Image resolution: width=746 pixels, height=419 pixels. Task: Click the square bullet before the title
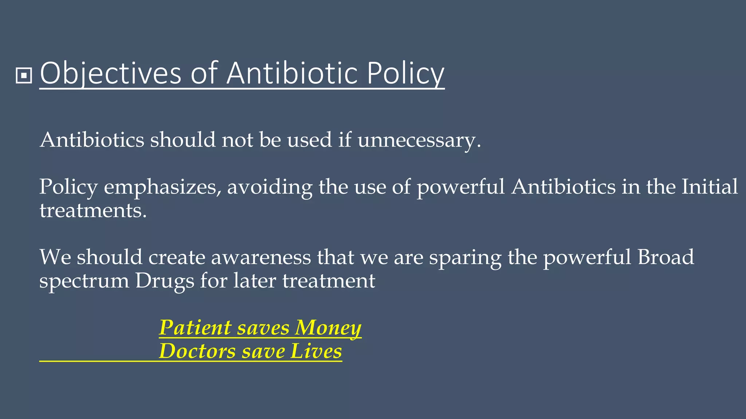[24, 76]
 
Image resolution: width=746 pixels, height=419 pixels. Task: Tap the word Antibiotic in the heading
[292, 74]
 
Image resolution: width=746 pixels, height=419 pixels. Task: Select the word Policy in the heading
[405, 74]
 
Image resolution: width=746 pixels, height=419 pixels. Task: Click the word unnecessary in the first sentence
[419, 140]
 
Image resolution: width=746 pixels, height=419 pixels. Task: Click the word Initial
[709, 187]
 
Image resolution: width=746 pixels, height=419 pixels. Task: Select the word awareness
[261, 258]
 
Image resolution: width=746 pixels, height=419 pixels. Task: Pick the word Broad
[665, 257]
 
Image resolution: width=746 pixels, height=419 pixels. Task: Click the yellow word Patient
[195, 328]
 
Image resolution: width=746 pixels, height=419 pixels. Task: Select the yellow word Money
[328, 328]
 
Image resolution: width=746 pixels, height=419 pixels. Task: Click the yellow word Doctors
[197, 351]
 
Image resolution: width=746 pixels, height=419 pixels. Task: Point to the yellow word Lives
[316, 351]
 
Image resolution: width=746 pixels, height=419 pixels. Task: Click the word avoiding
[270, 187]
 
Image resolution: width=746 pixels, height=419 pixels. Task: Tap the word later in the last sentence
[255, 281]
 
